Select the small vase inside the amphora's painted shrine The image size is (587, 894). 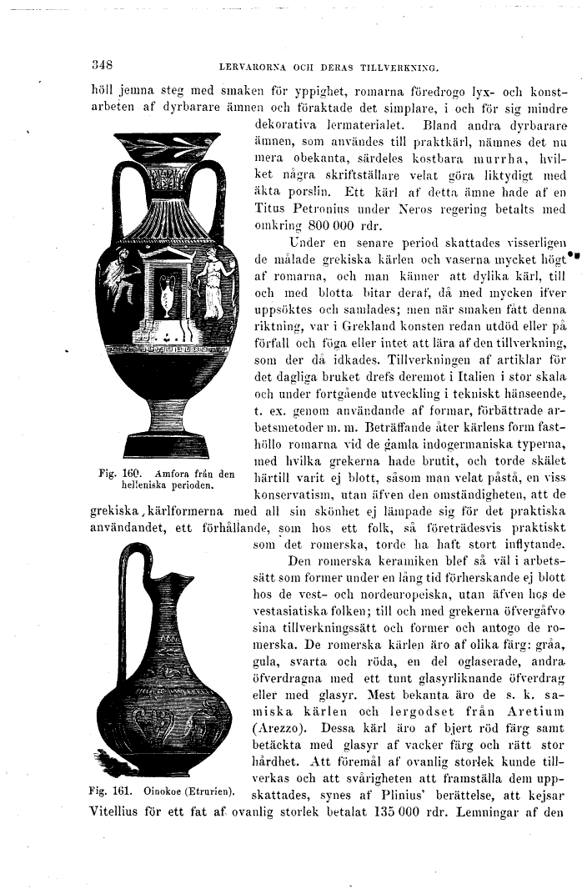point(167,296)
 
